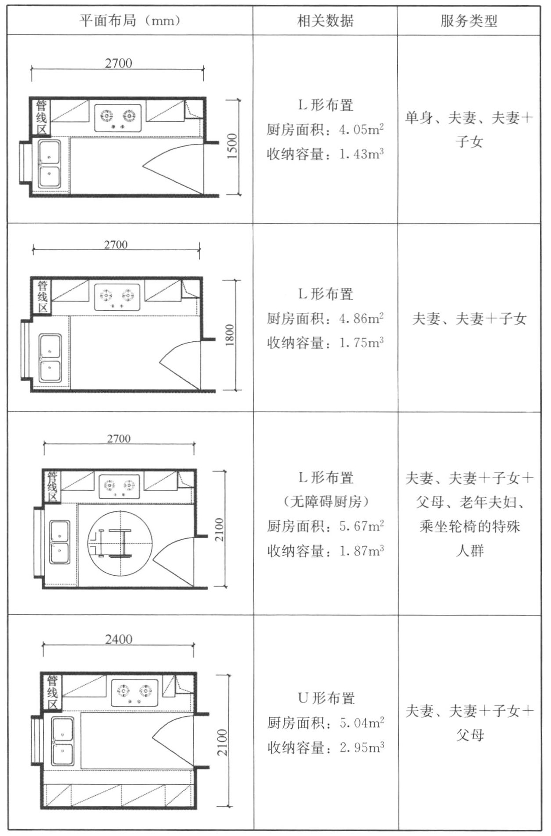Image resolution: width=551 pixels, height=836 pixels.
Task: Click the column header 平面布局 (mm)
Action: tap(130, 21)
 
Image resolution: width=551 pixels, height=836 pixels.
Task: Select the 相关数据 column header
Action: tap(325, 21)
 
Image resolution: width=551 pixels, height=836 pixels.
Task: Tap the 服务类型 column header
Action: tap(469, 21)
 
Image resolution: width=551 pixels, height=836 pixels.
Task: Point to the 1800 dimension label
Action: tap(230, 335)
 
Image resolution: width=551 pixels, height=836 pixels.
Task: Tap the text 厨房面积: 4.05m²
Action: tap(325, 130)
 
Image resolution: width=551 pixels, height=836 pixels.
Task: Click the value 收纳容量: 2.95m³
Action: tap(325, 747)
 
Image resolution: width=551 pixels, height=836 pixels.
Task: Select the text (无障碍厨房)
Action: tap(325, 501)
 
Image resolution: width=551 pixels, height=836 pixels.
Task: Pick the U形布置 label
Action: tap(326, 698)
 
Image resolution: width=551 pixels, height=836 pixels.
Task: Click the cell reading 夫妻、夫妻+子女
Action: tap(469, 319)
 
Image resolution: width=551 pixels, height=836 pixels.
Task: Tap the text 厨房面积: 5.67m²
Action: tap(325, 526)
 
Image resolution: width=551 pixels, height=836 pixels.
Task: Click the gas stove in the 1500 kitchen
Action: tap(118, 118)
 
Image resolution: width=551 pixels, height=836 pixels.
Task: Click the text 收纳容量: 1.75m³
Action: tap(325, 343)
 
